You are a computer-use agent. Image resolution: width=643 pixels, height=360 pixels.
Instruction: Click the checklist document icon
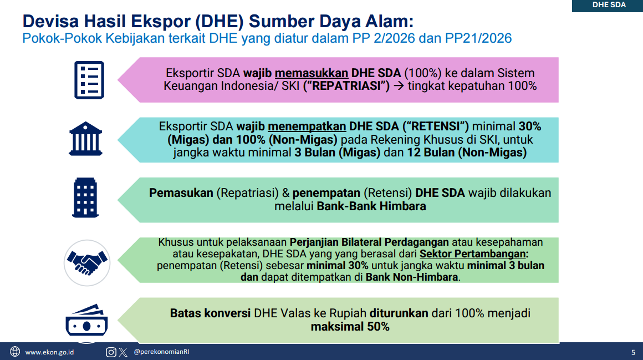coord(89,80)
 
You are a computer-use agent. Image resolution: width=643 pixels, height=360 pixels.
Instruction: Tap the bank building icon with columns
coord(85,139)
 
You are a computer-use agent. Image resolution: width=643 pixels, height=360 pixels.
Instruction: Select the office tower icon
coord(85,197)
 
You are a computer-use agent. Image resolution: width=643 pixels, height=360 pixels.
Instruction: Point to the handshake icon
coord(87,263)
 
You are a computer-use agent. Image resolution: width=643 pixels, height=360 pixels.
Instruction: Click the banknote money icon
coord(86,323)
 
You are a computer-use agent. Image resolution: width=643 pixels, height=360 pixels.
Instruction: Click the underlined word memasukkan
coord(312,73)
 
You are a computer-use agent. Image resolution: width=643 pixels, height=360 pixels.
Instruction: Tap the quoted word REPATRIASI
coord(346,86)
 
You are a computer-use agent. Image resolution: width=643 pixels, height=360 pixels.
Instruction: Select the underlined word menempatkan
coord(307,126)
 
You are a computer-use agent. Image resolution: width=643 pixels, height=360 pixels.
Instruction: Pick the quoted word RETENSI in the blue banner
coord(436,126)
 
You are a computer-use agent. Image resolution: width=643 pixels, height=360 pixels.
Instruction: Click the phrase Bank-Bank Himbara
coord(371,206)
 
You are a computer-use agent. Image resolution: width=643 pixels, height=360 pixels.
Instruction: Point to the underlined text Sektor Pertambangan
coord(473,254)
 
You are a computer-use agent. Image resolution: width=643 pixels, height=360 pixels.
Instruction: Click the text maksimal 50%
coord(350,327)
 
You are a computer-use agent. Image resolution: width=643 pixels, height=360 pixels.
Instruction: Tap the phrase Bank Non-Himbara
coord(412,277)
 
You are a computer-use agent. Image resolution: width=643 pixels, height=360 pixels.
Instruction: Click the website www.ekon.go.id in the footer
coord(50,352)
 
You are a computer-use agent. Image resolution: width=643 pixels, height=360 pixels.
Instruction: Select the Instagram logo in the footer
coord(111,352)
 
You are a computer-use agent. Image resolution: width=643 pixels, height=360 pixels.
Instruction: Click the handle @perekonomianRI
coord(161,352)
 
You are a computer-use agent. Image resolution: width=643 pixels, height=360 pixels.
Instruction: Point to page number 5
coord(633,352)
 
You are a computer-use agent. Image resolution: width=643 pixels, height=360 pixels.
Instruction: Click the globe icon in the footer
coord(15,352)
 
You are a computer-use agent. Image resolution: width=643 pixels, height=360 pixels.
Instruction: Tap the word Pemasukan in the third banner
coord(181,193)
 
